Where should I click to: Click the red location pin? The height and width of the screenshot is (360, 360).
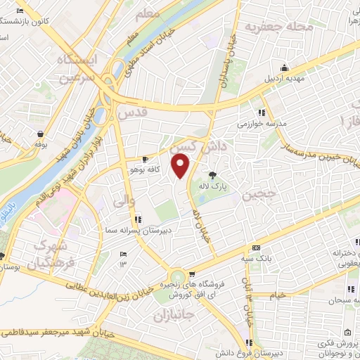tap(181, 167)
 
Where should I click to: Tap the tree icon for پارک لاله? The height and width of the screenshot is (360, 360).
tap(212, 175)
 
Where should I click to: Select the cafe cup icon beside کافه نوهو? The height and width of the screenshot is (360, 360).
tap(146, 159)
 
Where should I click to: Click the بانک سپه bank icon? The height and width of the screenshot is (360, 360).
tap(256, 247)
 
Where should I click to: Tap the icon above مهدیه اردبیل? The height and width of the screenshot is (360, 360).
tap(283, 67)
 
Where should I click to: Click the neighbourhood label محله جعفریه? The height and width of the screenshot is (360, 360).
tap(278, 27)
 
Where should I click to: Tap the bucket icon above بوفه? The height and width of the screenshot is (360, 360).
tap(37, 132)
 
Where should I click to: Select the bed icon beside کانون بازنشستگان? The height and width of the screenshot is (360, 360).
tap(20, 11)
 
